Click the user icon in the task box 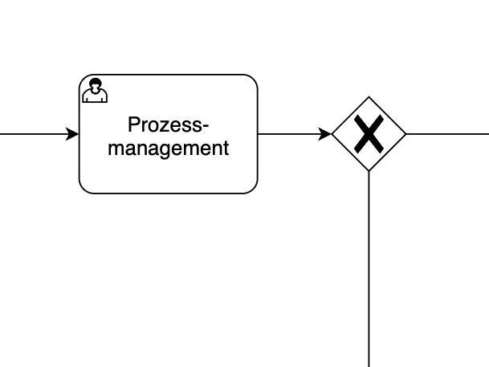(95, 91)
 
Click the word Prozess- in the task (168, 125)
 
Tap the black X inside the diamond (369, 134)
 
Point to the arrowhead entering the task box (73, 134)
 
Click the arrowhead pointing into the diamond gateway (325, 134)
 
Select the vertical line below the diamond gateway (369, 269)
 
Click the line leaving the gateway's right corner (447, 134)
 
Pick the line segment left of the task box (32, 134)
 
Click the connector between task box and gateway (289, 134)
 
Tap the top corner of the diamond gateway (369, 97)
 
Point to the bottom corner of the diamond (369, 171)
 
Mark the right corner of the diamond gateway (405, 134)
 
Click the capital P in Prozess (134, 125)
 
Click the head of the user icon (95, 84)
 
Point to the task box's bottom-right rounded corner (253, 189)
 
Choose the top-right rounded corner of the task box (253, 80)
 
